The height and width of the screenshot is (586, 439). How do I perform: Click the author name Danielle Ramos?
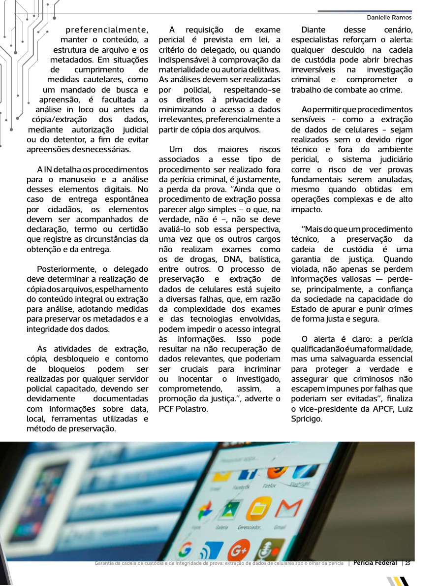click(x=389, y=17)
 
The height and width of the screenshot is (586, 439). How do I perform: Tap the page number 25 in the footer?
click(x=408, y=563)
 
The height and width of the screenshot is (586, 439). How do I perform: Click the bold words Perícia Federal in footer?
click(x=375, y=563)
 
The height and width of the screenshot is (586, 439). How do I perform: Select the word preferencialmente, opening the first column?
click(x=107, y=29)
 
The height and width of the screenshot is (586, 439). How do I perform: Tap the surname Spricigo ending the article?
click(x=307, y=419)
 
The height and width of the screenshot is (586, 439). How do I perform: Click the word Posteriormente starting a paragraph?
click(x=65, y=269)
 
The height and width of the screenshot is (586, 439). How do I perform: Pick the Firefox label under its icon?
click(x=270, y=485)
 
